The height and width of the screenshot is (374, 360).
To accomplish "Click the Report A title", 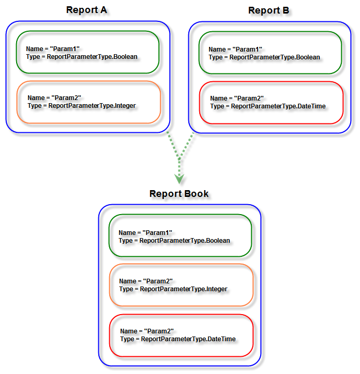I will click(x=88, y=10).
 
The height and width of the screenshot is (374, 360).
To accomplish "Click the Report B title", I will click(x=270, y=10).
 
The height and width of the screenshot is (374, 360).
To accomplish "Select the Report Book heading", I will click(x=179, y=194).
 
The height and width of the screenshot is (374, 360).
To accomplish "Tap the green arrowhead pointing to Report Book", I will click(x=179, y=178).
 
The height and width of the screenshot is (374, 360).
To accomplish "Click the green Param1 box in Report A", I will click(x=87, y=52).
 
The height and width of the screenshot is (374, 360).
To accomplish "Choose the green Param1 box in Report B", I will click(x=270, y=53).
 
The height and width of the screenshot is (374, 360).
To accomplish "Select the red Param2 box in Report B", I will click(x=271, y=103).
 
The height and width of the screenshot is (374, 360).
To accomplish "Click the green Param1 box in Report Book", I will click(x=180, y=236).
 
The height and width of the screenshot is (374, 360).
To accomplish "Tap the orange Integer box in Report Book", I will click(x=181, y=285).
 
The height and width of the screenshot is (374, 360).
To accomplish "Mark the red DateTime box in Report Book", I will click(x=181, y=335).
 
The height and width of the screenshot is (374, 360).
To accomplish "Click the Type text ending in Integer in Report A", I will click(x=82, y=106).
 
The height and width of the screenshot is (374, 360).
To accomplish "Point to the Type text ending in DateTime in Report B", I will click(x=268, y=106).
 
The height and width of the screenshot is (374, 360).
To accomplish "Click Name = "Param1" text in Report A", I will click(x=53, y=49).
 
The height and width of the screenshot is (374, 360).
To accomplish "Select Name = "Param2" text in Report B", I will click(x=237, y=98).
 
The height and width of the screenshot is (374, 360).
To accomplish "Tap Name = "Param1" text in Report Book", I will click(x=145, y=233).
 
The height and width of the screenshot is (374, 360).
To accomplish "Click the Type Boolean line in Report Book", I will click(x=174, y=241).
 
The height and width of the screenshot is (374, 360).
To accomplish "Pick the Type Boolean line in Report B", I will click(x=264, y=57).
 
